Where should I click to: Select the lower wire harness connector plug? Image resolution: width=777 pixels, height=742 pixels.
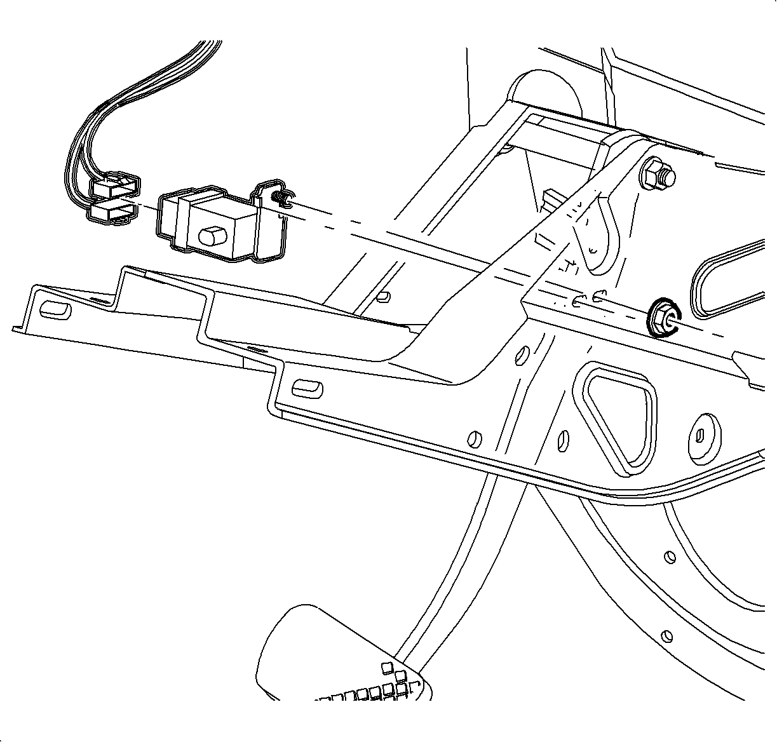click(113, 212)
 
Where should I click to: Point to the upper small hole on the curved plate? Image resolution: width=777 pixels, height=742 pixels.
click(668, 556)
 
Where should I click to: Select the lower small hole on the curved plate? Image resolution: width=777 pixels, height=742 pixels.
click(666, 635)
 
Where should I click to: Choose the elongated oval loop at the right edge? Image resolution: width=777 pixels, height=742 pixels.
click(731, 280)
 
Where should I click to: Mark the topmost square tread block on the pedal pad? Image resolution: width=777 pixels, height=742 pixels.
click(387, 666)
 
